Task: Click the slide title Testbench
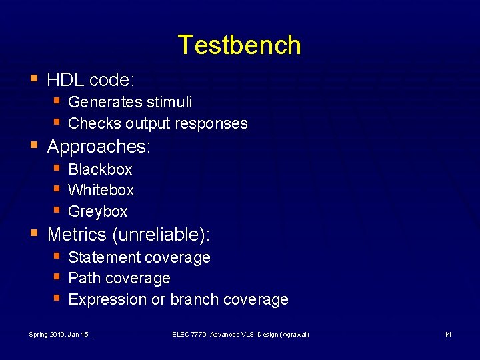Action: (x=239, y=45)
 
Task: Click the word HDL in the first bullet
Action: (x=65, y=80)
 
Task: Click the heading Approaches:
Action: (x=99, y=147)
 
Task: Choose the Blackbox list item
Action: (x=100, y=169)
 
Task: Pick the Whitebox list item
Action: (x=101, y=190)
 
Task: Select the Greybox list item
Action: (x=97, y=211)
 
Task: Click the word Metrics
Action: (x=77, y=235)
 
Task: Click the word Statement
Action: (x=102, y=257)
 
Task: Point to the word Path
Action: (x=83, y=278)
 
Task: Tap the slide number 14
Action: (x=448, y=334)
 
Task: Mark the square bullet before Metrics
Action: (x=35, y=233)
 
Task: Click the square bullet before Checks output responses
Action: (x=57, y=123)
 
